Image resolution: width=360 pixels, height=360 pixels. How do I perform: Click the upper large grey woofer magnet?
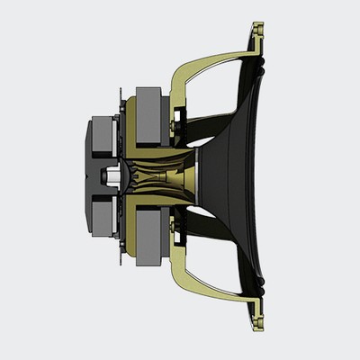pyautogui.click(x=148, y=113)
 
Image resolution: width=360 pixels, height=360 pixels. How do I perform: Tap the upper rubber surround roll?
pyautogui.click(x=261, y=67)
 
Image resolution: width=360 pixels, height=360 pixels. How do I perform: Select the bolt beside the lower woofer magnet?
pyautogui.click(x=119, y=262)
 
